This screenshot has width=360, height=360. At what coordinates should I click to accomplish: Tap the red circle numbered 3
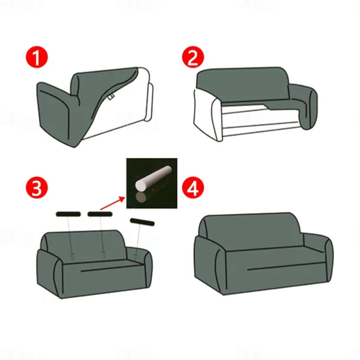click(37, 188)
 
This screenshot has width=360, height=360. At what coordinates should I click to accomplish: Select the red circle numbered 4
click(192, 188)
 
